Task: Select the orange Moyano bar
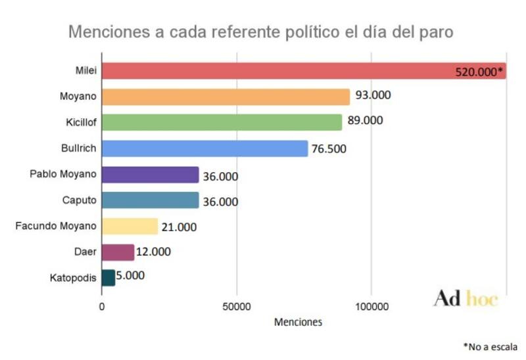[226, 97]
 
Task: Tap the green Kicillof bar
[222, 122]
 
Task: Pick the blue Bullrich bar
[204, 148]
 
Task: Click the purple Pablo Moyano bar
[150, 175]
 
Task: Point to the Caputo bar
[150, 200]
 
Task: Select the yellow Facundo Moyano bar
[130, 226]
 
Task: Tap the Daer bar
[118, 252]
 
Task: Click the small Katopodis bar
[108, 278]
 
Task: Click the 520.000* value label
[479, 72]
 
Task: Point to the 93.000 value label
[372, 95]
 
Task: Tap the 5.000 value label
[130, 276]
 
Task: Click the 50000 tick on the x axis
[236, 306]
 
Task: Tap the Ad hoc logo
[466, 299]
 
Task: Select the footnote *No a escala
[490, 346]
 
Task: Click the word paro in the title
[434, 32]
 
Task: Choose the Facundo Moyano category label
[56, 226]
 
